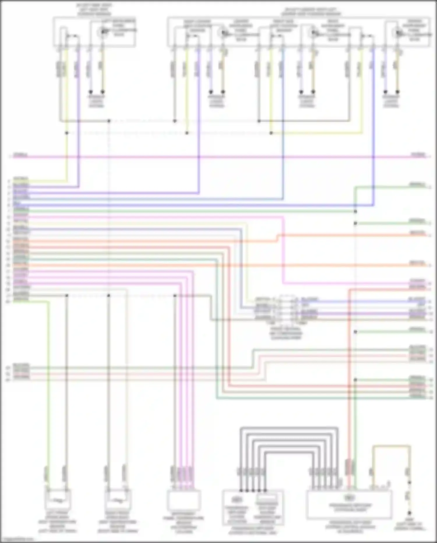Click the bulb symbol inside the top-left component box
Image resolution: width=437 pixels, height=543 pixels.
[102, 32]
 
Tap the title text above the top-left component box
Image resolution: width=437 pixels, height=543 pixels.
[94, 10]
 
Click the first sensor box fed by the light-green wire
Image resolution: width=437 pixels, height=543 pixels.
[58, 500]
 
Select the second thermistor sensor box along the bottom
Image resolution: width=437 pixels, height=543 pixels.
[118, 500]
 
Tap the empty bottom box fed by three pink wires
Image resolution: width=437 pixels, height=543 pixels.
[184, 500]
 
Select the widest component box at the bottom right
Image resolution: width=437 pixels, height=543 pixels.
[349, 504]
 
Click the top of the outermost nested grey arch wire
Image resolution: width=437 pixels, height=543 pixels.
[289, 428]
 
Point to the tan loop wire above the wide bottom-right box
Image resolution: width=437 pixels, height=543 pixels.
[392, 446]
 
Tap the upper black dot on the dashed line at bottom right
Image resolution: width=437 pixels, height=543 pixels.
[409, 482]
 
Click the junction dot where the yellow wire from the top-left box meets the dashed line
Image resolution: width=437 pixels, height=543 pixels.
[67, 133]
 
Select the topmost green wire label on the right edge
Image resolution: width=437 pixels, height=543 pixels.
[417, 184]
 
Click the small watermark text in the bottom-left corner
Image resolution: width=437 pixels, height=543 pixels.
[17, 540]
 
